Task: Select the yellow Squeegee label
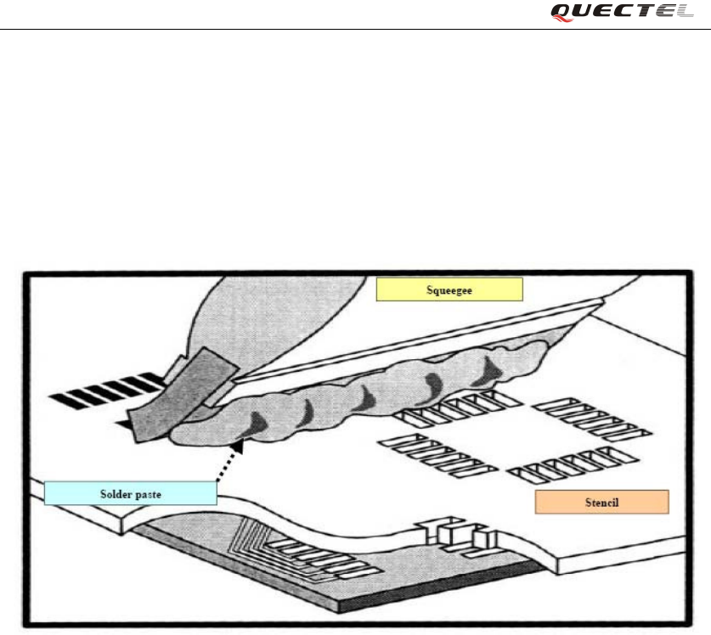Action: click(x=449, y=290)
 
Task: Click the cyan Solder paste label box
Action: click(x=130, y=492)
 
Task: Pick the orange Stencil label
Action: click(x=601, y=502)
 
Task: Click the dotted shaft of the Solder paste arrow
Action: click(x=227, y=464)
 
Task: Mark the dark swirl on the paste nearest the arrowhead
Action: click(x=257, y=420)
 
